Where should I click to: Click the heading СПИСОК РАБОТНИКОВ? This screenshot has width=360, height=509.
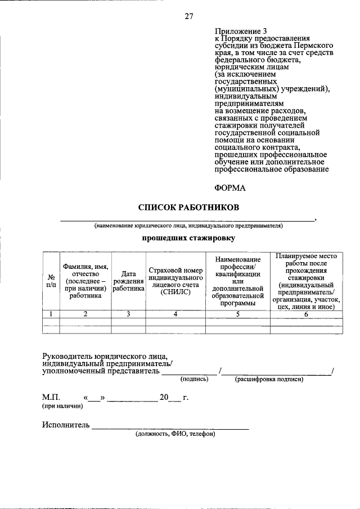(188, 208)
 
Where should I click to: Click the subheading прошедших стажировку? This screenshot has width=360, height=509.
(188, 238)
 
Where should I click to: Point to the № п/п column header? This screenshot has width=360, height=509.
(51, 281)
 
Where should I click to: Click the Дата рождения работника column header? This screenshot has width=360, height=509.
(128, 281)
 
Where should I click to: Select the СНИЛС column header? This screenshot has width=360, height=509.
(175, 281)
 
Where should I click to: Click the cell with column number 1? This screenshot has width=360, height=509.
(51, 314)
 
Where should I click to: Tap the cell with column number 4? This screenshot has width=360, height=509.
(175, 314)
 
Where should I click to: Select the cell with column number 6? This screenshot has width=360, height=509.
(306, 314)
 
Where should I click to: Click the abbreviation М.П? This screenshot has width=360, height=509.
(51, 398)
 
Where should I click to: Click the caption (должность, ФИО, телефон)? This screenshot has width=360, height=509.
(174, 434)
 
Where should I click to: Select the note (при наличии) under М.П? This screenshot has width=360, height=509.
(58, 406)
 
